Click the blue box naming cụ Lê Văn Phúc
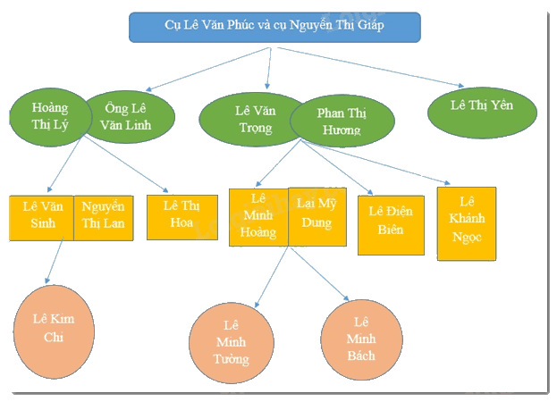point(274,28)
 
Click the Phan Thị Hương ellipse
point(342,121)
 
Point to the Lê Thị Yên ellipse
point(482,113)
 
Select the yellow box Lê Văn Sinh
point(41,218)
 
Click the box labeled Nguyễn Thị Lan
point(104,218)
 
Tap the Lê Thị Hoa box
point(182,217)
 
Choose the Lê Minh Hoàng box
point(258,217)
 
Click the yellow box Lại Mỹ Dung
point(317,216)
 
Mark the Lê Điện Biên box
point(391,225)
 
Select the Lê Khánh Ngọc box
point(467,223)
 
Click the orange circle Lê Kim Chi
point(54,331)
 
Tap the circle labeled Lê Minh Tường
point(232,343)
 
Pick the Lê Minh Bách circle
point(361,339)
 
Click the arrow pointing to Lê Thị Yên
point(370,67)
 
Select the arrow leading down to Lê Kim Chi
point(55,261)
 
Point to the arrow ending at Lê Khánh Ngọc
point(376,163)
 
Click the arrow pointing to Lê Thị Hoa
point(125,163)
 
